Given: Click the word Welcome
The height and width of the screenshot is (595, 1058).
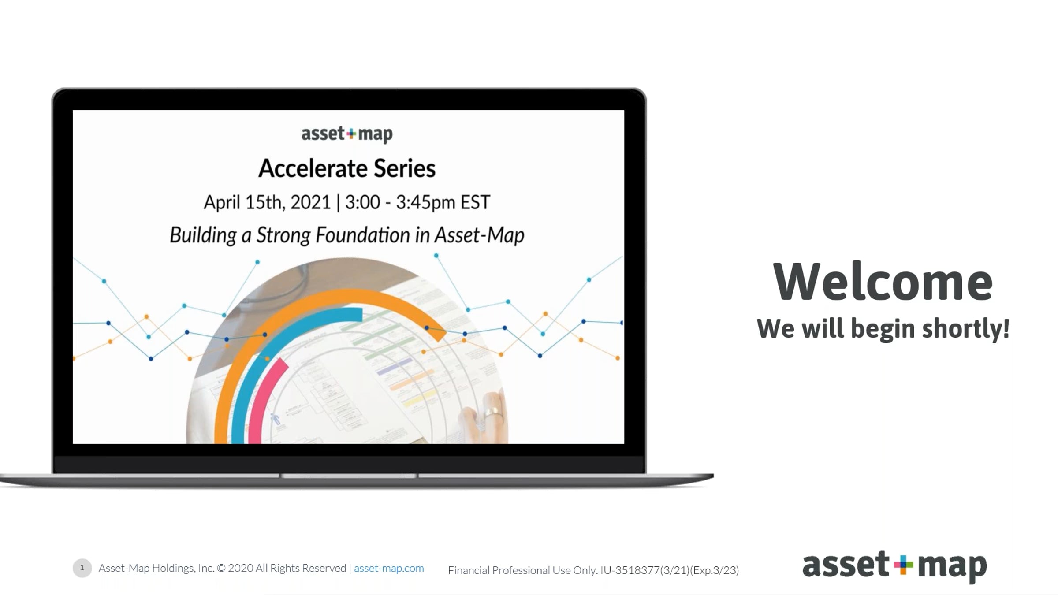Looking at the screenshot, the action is pyautogui.click(x=883, y=281).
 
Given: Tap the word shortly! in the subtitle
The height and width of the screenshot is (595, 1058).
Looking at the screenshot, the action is pyautogui.click(x=966, y=329).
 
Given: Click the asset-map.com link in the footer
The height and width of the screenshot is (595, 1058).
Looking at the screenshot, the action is pyautogui.click(x=389, y=568).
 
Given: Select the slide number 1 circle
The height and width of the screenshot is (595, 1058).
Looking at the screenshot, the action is pyautogui.click(x=82, y=568).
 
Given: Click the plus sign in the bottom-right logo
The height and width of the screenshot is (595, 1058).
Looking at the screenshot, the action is pyautogui.click(x=903, y=565).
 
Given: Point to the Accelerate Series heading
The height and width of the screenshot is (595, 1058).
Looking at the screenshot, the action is pyautogui.click(x=347, y=168).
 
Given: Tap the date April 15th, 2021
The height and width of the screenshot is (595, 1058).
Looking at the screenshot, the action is pyautogui.click(x=267, y=202).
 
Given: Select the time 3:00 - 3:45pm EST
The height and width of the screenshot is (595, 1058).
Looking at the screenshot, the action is pyautogui.click(x=417, y=202).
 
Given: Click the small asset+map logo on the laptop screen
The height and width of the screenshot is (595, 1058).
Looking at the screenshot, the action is pyautogui.click(x=347, y=134).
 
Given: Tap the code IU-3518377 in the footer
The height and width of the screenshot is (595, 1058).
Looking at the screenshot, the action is pyautogui.click(x=630, y=570).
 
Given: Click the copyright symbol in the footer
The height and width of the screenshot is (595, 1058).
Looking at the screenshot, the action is pyautogui.click(x=221, y=568).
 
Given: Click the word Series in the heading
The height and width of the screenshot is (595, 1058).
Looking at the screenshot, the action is pyautogui.click(x=404, y=168).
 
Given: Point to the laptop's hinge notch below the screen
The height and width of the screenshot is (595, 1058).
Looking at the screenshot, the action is pyautogui.click(x=349, y=476).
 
